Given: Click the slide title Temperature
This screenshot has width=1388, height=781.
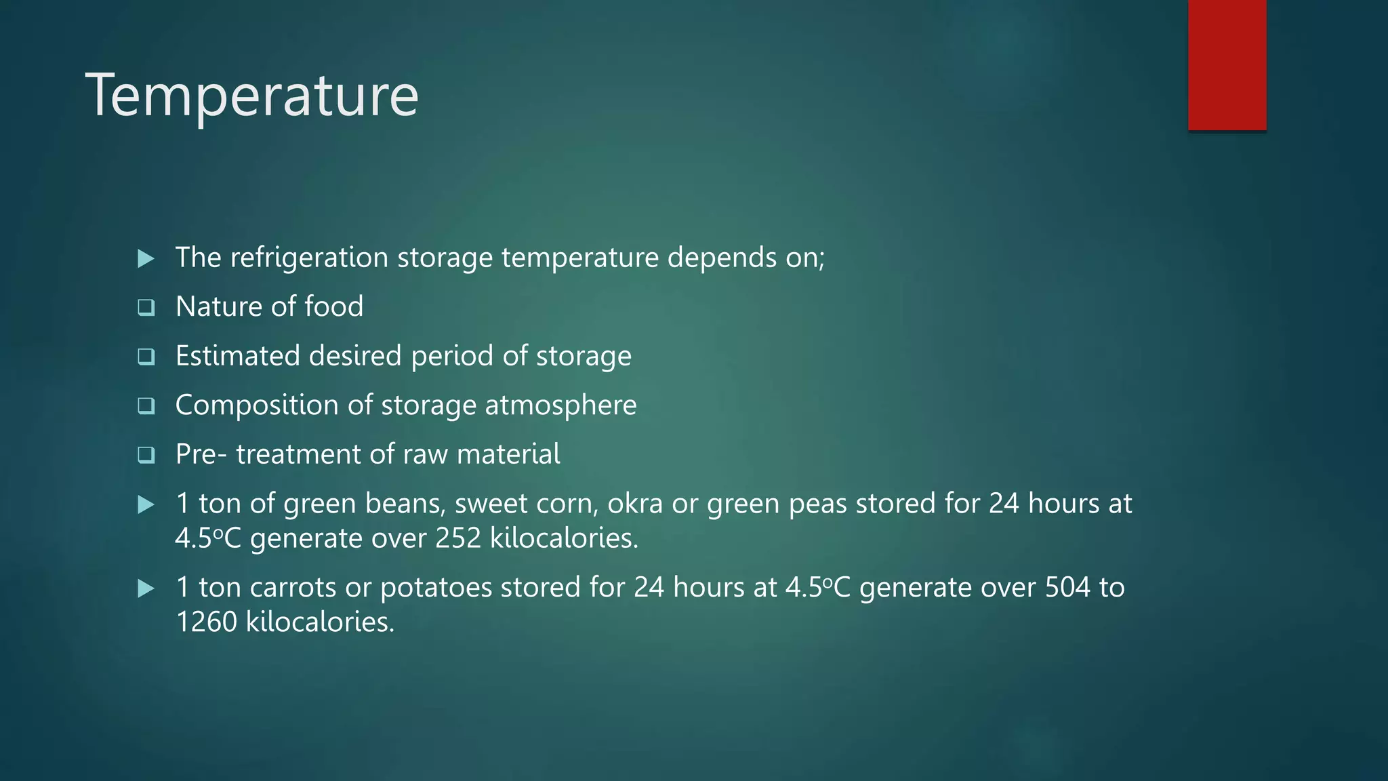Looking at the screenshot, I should pyautogui.click(x=252, y=96).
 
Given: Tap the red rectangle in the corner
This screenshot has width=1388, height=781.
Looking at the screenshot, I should pyautogui.click(x=1227, y=65).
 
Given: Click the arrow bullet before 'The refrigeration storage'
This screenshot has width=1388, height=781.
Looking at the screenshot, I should pyautogui.click(x=146, y=258).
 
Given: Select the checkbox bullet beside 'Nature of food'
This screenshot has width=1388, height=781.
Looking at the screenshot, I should pyautogui.click(x=146, y=308).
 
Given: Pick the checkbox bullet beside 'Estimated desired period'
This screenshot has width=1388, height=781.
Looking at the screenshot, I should pyautogui.click(x=146, y=357).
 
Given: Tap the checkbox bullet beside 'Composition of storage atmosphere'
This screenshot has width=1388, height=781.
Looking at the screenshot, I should pyautogui.click(x=146, y=406).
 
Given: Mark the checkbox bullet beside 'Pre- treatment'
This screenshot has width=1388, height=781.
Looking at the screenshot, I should pyautogui.click(x=146, y=455).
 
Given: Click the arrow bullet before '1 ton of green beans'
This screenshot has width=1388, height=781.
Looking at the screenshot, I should pyautogui.click(x=146, y=504).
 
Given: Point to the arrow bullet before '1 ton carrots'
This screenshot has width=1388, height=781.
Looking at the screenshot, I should pyautogui.click(x=146, y=588).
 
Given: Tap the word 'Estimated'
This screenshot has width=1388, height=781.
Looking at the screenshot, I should pyautogui.click(x=237, y=356).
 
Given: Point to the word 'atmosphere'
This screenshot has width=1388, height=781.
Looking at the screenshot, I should pyautogui.click(x=560, y=405).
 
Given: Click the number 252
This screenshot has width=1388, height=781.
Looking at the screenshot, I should pyautogui.click(x=458, y=538).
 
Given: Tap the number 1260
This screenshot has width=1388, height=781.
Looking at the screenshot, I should pyautogui.click(x=206, y=622).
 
